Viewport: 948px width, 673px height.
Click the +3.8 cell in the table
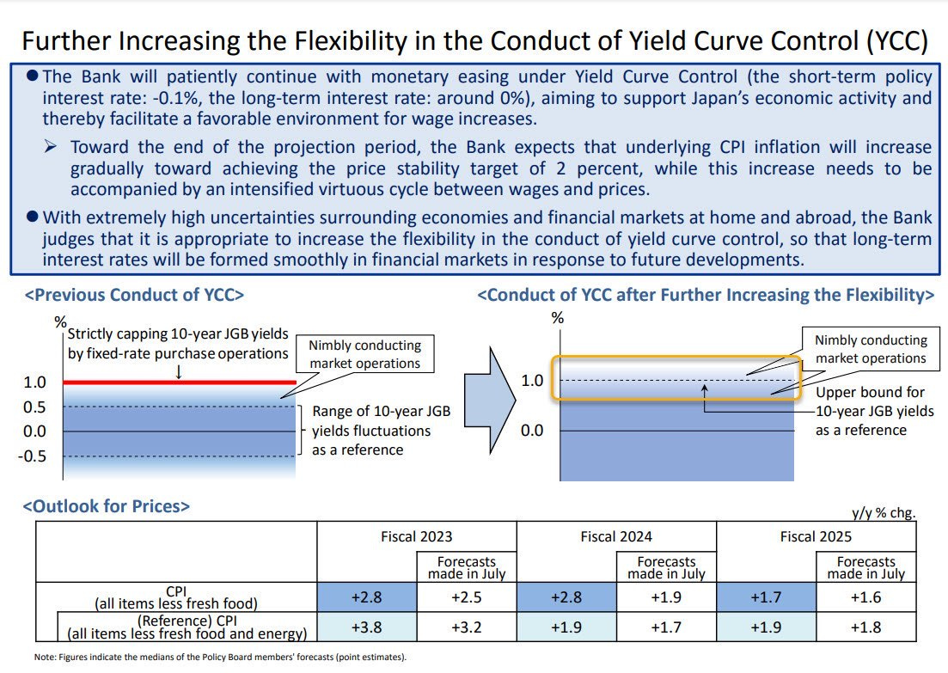pyautogui.click(x=367, y=628)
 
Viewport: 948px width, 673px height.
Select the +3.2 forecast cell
pyautogui.click(x=467, y=628)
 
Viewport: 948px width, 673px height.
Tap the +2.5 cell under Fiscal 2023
pyautogui.click(x=467, y=597)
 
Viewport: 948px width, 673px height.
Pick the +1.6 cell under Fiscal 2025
pyautogui.click(x=865, y=597)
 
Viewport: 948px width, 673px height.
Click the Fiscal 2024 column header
pyautogui.click(x=615, y=536)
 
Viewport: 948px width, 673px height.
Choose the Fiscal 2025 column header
pyautogui.click(x=816, y=536)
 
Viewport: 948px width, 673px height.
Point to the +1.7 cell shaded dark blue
pyautogui.click(x=766, y=597)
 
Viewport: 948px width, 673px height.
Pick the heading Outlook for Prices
pyautogui.click(x=107, y=506)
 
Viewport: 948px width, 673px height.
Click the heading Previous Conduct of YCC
pyautogui.click(x=135, y=295)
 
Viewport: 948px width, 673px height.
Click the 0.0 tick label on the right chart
pyautogui.click(x=532, y=431)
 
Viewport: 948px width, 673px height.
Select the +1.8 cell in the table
pyautogui.click(x=865, y=628)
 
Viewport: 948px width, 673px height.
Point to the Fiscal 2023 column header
pyautogui.click(x=416, y=536)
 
